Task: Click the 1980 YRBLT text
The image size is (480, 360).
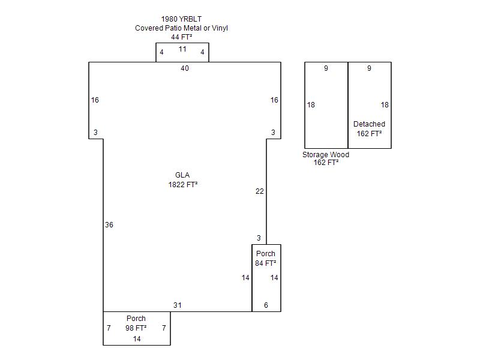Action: pos(181,19)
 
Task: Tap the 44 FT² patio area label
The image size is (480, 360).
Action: pos(182,37)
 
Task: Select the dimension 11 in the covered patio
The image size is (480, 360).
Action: pos(182,49)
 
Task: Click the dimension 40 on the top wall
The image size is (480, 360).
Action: pos(185,68)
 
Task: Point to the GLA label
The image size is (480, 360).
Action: pos(182,175)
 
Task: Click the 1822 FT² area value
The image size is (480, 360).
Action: pos(183,185)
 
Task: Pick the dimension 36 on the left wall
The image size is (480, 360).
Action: pos(109,225)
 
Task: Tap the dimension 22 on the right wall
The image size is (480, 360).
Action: pos(260,191)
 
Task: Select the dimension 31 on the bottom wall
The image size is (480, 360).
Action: pos(178,305)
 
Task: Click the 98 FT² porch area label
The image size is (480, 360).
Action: pos(136,328)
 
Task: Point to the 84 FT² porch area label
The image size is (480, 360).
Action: pos(266,263)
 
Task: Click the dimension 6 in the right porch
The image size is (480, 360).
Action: pos(266,305)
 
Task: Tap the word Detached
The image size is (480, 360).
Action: pos(369,124)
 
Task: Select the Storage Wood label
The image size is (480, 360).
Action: pos(326,155)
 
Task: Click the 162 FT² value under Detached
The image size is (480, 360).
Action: pos(369,134)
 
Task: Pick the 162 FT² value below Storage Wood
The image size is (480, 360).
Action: pos(326,163)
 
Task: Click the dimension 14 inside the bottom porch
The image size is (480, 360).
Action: pos(137,339)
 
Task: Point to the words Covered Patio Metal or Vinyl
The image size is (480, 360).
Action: pos(182,28)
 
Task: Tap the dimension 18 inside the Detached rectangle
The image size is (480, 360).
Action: pos(385,105)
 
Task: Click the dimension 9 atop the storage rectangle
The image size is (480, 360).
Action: pos(326,68)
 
